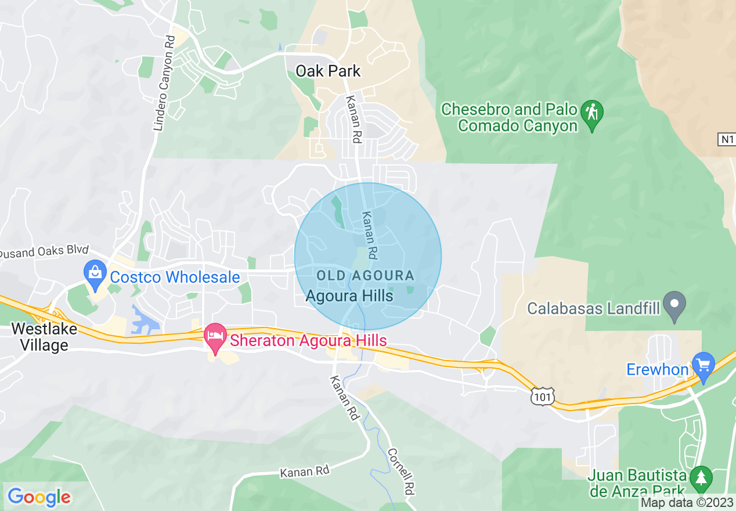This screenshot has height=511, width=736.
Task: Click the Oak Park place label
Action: click(328, 71)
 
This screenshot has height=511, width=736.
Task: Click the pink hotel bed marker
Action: click(216, 338)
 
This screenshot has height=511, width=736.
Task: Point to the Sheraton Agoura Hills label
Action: click(308, 340)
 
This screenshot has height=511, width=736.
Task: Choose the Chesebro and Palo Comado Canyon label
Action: click(509, 117)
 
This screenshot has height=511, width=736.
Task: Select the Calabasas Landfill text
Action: click(593, 308)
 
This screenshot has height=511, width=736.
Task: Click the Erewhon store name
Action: click(657, 369)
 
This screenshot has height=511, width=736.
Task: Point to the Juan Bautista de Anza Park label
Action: click(637, 483)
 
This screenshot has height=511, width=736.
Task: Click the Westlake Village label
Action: click(39, 337)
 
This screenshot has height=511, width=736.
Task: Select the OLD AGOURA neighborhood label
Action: click(366, 276)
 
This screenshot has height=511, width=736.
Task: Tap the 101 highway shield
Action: click(542, 397)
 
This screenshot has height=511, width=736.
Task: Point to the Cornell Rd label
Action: click(402, 472)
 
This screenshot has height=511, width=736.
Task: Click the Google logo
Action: click(39, 497)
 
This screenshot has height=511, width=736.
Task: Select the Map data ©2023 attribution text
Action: click(687, 503)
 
